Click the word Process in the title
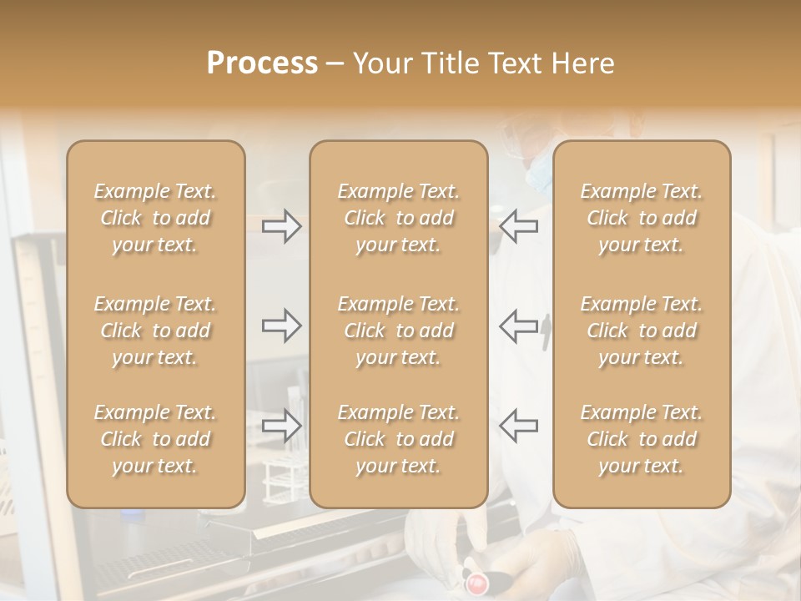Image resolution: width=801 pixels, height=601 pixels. click(x=262, y=63)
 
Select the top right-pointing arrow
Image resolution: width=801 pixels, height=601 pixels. click(x=281, y=226)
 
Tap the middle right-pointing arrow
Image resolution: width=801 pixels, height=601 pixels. click(x=281, y=326)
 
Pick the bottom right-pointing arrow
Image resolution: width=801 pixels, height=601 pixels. click(x=281, y=426)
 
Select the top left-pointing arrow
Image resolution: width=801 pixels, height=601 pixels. click(x=518, y=226)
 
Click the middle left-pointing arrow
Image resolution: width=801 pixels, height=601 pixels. click(x=518, y=326)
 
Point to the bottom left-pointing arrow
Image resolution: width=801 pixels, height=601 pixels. click(x=518, y=426)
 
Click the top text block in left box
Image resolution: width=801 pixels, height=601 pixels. click(x=155, y=218)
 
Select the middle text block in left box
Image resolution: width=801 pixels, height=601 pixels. click(x=155, y=331)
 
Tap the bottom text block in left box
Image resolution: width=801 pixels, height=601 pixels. click(x=155, y=439)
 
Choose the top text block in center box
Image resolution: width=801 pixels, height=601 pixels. click(x=398, y=218)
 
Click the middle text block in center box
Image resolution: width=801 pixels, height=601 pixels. click(x=398, y=331)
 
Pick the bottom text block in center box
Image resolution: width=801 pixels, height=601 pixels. click(x=398, y=439)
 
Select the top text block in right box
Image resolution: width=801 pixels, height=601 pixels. click(x=641, y=218)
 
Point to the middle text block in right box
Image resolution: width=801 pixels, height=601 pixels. click(x=641, y=331)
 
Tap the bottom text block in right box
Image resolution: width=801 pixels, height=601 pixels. click(x=641, y=439)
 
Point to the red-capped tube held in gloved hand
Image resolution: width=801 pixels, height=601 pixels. click(x=476, y=580)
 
